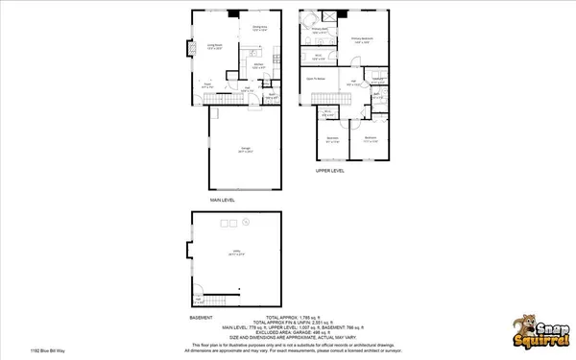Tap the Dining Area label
258,28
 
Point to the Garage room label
246,150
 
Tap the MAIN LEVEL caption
224,200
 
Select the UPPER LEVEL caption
330,171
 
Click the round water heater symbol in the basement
246,221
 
